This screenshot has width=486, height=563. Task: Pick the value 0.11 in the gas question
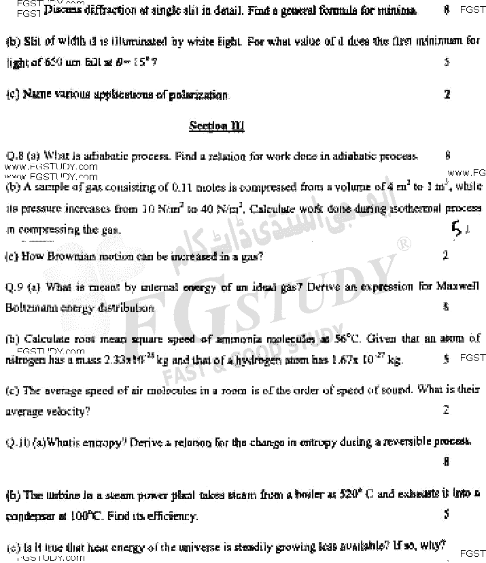tap(184, 187)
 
